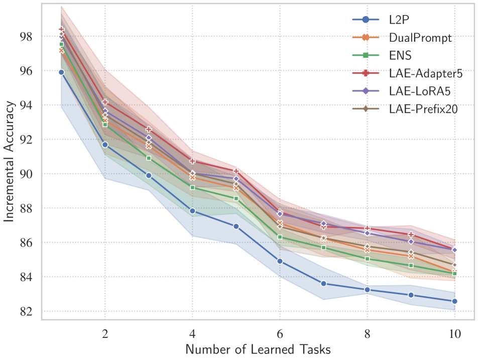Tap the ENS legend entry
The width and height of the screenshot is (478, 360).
click(400, 56)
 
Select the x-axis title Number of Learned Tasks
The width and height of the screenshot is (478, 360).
click(258, 348)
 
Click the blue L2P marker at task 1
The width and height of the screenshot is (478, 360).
click(61, 72)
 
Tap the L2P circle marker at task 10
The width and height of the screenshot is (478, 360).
click(454, 301)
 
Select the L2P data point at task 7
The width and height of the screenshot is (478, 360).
click(323, 284)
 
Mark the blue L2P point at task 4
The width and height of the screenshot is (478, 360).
click(192, 211)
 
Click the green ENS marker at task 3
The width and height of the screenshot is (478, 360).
click(149, 158)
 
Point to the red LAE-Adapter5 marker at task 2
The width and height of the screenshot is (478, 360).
click(105, 102)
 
